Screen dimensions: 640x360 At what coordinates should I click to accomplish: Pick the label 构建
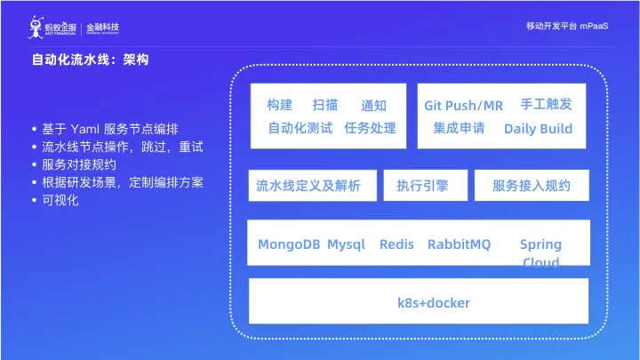click(279, 105)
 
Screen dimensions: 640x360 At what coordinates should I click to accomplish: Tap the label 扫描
click(325, 105)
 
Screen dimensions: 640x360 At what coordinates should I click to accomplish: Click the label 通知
click(374, 106)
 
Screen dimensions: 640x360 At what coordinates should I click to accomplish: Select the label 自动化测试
click(300, 128)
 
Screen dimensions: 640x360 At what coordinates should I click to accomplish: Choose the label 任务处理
click(370, 128)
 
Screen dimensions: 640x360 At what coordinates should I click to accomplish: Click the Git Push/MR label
click(463, 106)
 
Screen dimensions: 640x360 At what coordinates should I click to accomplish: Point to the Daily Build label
click(538, 129)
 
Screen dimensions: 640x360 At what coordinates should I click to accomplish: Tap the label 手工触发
click(546, 104)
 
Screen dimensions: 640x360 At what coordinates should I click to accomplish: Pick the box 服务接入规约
click(532, 186)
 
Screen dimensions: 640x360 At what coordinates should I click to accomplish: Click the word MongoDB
click(289, 244)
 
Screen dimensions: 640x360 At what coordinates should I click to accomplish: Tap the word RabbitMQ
click(459, 244)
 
